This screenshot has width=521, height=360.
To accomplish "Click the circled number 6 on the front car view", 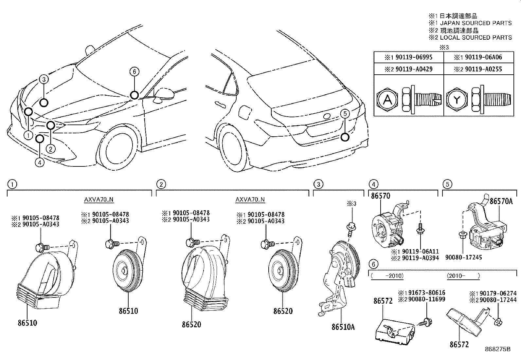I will coord(134,71).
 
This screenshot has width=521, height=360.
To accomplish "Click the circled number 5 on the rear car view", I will coord(345,114).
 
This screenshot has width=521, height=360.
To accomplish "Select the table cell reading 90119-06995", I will coord(409,57).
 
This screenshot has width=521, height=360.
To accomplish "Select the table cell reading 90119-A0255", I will coord(478,69).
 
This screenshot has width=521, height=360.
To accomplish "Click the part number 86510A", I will coord(343,327).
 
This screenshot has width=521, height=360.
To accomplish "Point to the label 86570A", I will coord(501,201).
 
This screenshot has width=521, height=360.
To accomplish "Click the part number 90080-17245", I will coord(463,257).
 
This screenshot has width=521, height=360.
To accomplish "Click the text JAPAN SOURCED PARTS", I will coord(476,23).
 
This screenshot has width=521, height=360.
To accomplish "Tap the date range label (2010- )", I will coord(463,276).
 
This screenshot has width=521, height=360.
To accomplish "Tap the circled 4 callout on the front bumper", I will coord(40,162).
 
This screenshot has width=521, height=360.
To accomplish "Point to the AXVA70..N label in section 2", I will coord(250,199).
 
